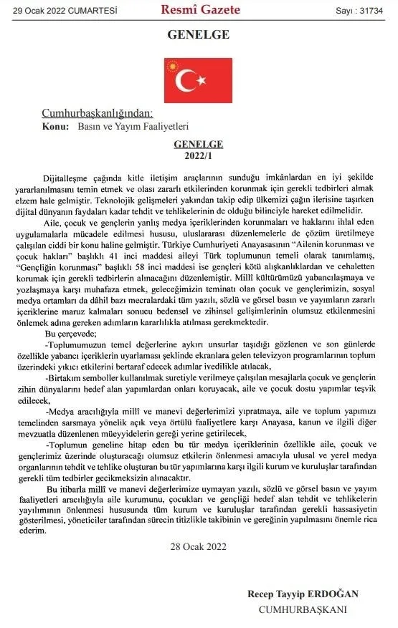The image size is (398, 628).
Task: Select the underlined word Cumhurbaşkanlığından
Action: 97,113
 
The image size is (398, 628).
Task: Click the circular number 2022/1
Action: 199,154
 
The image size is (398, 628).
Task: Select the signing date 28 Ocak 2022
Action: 199,546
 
